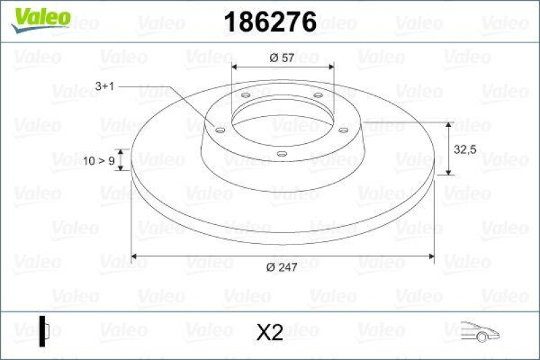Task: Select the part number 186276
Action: [269, 22]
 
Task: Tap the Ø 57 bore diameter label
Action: [281, 58]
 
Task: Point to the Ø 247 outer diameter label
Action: [282, 268]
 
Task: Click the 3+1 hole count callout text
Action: [106, 86]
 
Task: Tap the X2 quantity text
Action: [269, 332]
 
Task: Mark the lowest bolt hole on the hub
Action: [282, 155]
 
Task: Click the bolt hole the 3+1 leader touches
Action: [220, 130]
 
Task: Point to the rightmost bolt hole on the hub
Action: [343, 130]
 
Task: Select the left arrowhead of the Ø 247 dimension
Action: [134, 256]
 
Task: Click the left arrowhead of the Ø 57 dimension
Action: [235, 68]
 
